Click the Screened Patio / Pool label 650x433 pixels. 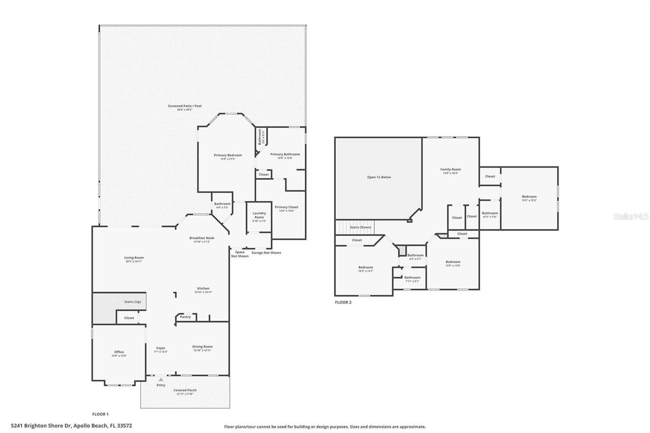click(x=185, y=106)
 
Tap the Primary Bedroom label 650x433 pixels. click(x=227, y=155)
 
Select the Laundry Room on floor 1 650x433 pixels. click(x=259, y=215)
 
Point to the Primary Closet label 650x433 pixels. click(x=286, y=207)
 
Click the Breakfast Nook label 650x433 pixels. click(x=202, y=238)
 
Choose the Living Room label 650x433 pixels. click(x=134, y=258)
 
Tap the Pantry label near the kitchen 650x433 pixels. click(x=185, y=317)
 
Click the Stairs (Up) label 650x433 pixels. click(x=133, y=302)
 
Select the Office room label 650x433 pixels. click(x=119, y=352)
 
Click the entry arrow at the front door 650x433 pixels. click(x=161, y=379)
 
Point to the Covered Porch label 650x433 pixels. click(x=185, y=390)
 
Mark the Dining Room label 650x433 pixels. click(x=202, y=347)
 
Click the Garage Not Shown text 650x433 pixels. click(x=266, y=252)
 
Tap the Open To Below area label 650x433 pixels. click(x=379, y=177)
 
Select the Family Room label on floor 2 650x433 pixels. click(x=450, y=170)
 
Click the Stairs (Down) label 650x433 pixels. click(x=360, y=227)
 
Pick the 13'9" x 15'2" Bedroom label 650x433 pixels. click(x=529, y=197)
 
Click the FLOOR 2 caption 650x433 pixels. click(x=343, y=302)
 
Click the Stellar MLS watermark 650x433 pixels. click(x=631, y=216)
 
